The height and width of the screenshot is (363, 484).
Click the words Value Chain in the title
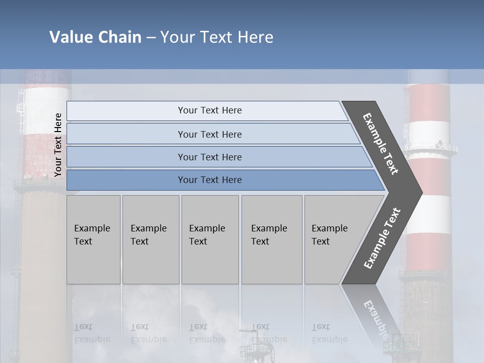[95, 37]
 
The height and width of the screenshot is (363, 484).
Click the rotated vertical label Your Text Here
[58, 145]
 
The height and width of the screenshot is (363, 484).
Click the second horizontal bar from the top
[209, 134]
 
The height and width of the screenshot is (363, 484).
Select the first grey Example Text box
[93, 239]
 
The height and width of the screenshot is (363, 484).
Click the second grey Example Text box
[150, 239]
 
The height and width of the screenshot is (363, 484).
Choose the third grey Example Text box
[210, 239]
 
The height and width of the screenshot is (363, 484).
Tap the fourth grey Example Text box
[272, 239]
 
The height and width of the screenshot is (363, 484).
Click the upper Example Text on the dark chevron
[381, 144]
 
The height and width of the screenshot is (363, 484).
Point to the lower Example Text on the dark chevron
[382, 238]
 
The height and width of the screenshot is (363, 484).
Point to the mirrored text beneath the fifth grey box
[329, 333]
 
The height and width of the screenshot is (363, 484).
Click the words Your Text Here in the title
[217, 37]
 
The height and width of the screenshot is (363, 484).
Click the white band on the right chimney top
[429, 132]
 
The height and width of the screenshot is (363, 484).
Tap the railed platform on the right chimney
[432, 149]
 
